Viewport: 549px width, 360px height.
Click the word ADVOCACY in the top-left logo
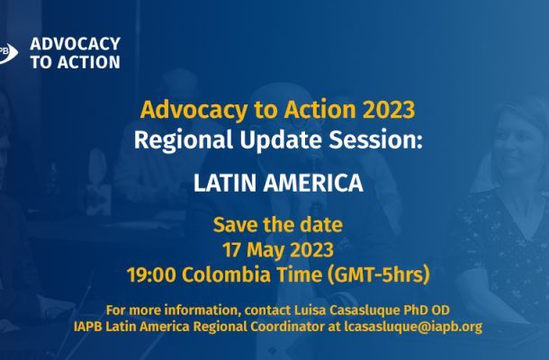tap(76, 44)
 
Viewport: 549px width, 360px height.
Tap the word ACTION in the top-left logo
tap(89, 62)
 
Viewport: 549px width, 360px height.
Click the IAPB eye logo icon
tap(8, 53)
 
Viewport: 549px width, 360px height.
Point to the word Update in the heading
tap(281, 140)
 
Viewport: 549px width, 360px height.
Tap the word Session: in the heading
tap(375, 139)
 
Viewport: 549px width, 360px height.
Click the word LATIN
tap(224, 183)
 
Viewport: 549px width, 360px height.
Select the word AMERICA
tap(313, 183)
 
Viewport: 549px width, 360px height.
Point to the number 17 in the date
tap(230, 250)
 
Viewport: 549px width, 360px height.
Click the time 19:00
tap(151, 274)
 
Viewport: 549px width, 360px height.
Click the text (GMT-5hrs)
tap(378, 274)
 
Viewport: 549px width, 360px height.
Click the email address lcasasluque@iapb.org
tap(413, 327)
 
